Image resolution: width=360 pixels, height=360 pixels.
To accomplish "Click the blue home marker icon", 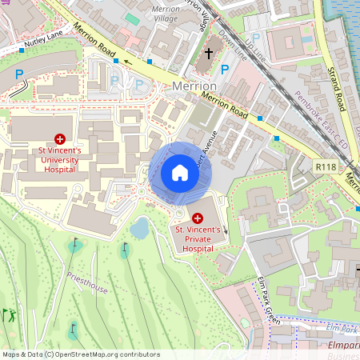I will (179, 173).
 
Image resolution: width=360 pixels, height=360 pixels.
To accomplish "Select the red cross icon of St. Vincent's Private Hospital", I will (198, 218).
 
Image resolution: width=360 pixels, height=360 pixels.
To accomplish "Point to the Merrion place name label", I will (194, 86).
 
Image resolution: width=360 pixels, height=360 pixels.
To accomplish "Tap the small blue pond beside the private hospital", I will (139, 229).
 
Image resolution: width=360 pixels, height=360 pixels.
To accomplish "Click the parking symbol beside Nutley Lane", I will (19, 74).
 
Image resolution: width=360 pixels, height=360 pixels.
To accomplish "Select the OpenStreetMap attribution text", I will (80, 354).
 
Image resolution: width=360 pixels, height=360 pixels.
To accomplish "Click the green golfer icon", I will (10, 315).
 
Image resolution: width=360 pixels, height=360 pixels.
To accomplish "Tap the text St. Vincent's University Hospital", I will (61, 159).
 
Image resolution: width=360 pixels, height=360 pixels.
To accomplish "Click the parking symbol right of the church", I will (225, 70).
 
